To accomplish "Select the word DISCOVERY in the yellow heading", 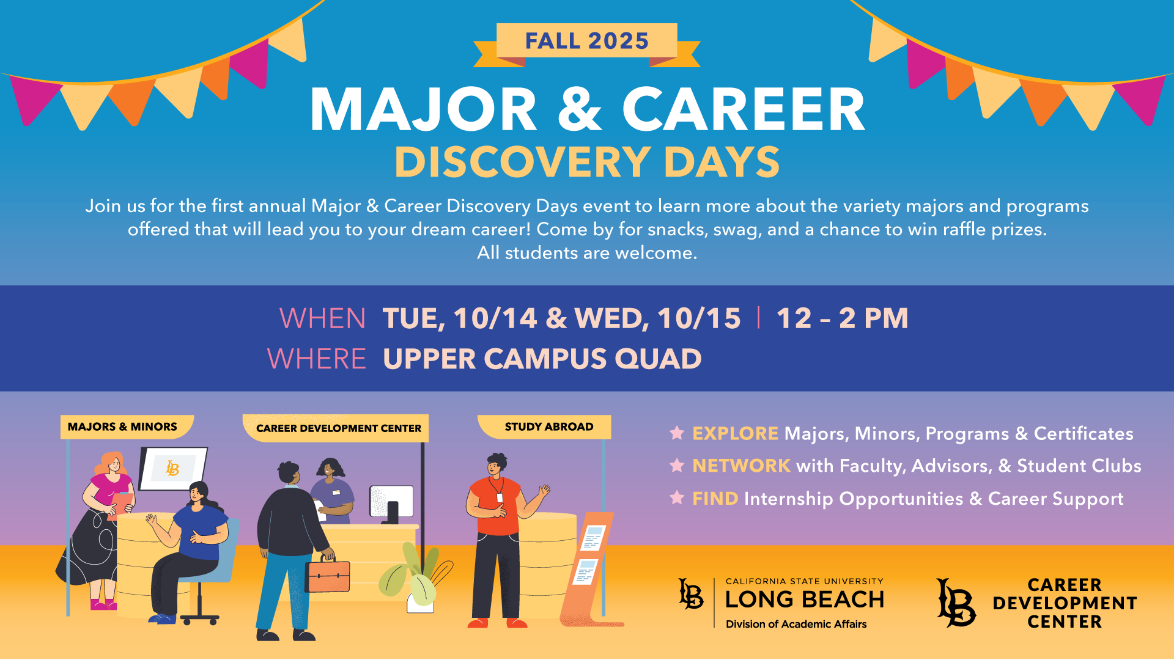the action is (523, 162).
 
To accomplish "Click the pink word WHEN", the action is (322, 318).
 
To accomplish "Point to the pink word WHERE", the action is (317, 359).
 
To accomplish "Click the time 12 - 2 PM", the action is (842, 318).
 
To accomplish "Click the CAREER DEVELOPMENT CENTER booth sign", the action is (336, 428).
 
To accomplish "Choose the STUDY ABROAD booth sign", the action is (544, 427).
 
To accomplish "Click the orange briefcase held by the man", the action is (328, 575).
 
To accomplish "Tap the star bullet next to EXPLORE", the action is (677, 433).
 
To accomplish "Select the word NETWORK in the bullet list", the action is (741, 466).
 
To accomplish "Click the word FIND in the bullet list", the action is (715, 499).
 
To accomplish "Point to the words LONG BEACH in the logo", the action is (805, 599).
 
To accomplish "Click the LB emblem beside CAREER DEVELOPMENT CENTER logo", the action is (956, 603).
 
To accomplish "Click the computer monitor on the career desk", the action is (392, 504).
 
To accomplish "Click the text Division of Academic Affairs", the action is (796, 624).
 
